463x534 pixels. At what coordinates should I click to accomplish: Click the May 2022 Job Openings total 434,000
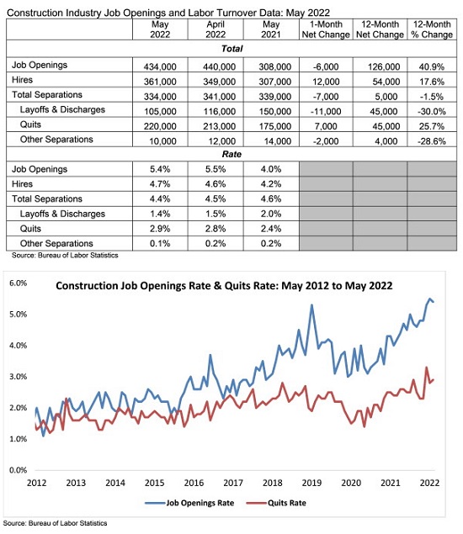(160, 66)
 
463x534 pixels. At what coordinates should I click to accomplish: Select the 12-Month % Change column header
(432, 29)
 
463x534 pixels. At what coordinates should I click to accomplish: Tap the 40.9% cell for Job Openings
(432, 66)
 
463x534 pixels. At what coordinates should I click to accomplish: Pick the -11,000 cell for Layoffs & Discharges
(327, 111)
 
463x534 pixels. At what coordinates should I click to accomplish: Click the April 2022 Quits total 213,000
(219, 126)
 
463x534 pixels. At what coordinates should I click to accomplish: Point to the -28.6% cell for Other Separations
(432, 141)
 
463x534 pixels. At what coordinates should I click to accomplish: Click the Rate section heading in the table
(231, 154)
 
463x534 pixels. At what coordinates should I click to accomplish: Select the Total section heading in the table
(231, 49)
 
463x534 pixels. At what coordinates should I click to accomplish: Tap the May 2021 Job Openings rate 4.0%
(271, 169)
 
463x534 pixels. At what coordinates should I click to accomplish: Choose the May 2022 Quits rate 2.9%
(160, 229)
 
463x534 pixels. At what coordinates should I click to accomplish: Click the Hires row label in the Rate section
(22, 184)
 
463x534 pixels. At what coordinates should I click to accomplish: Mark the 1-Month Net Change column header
(326, 29)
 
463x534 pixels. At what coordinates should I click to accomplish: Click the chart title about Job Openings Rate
(224, 285)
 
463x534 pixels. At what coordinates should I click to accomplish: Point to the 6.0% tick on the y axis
(18, 283)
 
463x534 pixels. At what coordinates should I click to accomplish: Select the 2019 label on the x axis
(311, 483)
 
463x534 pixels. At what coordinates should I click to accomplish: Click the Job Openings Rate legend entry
(189, 503)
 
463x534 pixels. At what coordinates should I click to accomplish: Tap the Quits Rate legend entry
(276, 503)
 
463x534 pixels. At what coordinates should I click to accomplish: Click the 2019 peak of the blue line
(311, 305)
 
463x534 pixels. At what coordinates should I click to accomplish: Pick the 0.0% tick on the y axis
(18, 470)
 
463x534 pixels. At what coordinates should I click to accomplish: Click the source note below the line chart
(55, 523)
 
